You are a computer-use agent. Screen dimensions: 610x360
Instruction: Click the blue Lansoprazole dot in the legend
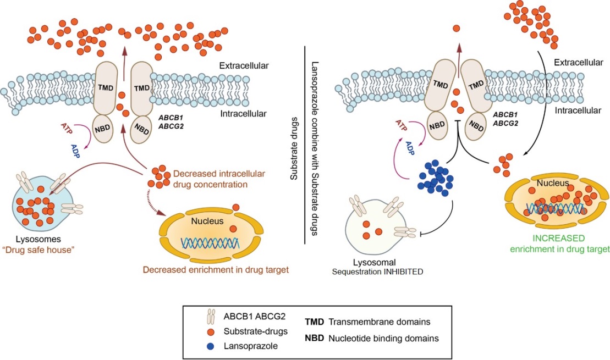pos(211,346)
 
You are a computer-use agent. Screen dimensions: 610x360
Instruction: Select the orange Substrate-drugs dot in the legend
pos(211,332)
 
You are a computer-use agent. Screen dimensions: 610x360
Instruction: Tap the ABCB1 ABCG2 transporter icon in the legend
pos(211,317)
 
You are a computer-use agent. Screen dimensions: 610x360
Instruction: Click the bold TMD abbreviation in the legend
pos(314,322)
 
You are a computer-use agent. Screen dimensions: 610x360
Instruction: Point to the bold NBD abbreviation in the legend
pos(314,338)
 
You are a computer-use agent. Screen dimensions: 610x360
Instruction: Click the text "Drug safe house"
pos(38,250)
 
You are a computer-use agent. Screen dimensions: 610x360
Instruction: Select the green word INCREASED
pos(559,238)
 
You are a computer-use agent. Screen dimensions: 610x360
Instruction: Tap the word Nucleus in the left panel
pos(207,221)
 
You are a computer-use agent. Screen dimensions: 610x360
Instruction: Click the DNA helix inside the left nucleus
pos(210,243)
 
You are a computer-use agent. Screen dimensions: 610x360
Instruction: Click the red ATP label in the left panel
pos(67,128)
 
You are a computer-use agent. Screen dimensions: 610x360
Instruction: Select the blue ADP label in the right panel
pos(410,148)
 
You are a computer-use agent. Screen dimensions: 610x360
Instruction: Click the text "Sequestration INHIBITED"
pos(377,272)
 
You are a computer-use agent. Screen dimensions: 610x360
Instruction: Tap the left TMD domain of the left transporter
pos(106,88)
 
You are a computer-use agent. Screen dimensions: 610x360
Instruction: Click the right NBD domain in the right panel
pos(476,126)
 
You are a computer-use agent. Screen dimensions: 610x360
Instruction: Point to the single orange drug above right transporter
pos(457,28)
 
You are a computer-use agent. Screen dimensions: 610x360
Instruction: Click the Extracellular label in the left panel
pos(244,66)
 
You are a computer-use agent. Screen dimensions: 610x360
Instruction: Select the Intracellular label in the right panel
pos(578,110)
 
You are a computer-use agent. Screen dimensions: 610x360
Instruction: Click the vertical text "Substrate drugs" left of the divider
pos(294,148)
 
